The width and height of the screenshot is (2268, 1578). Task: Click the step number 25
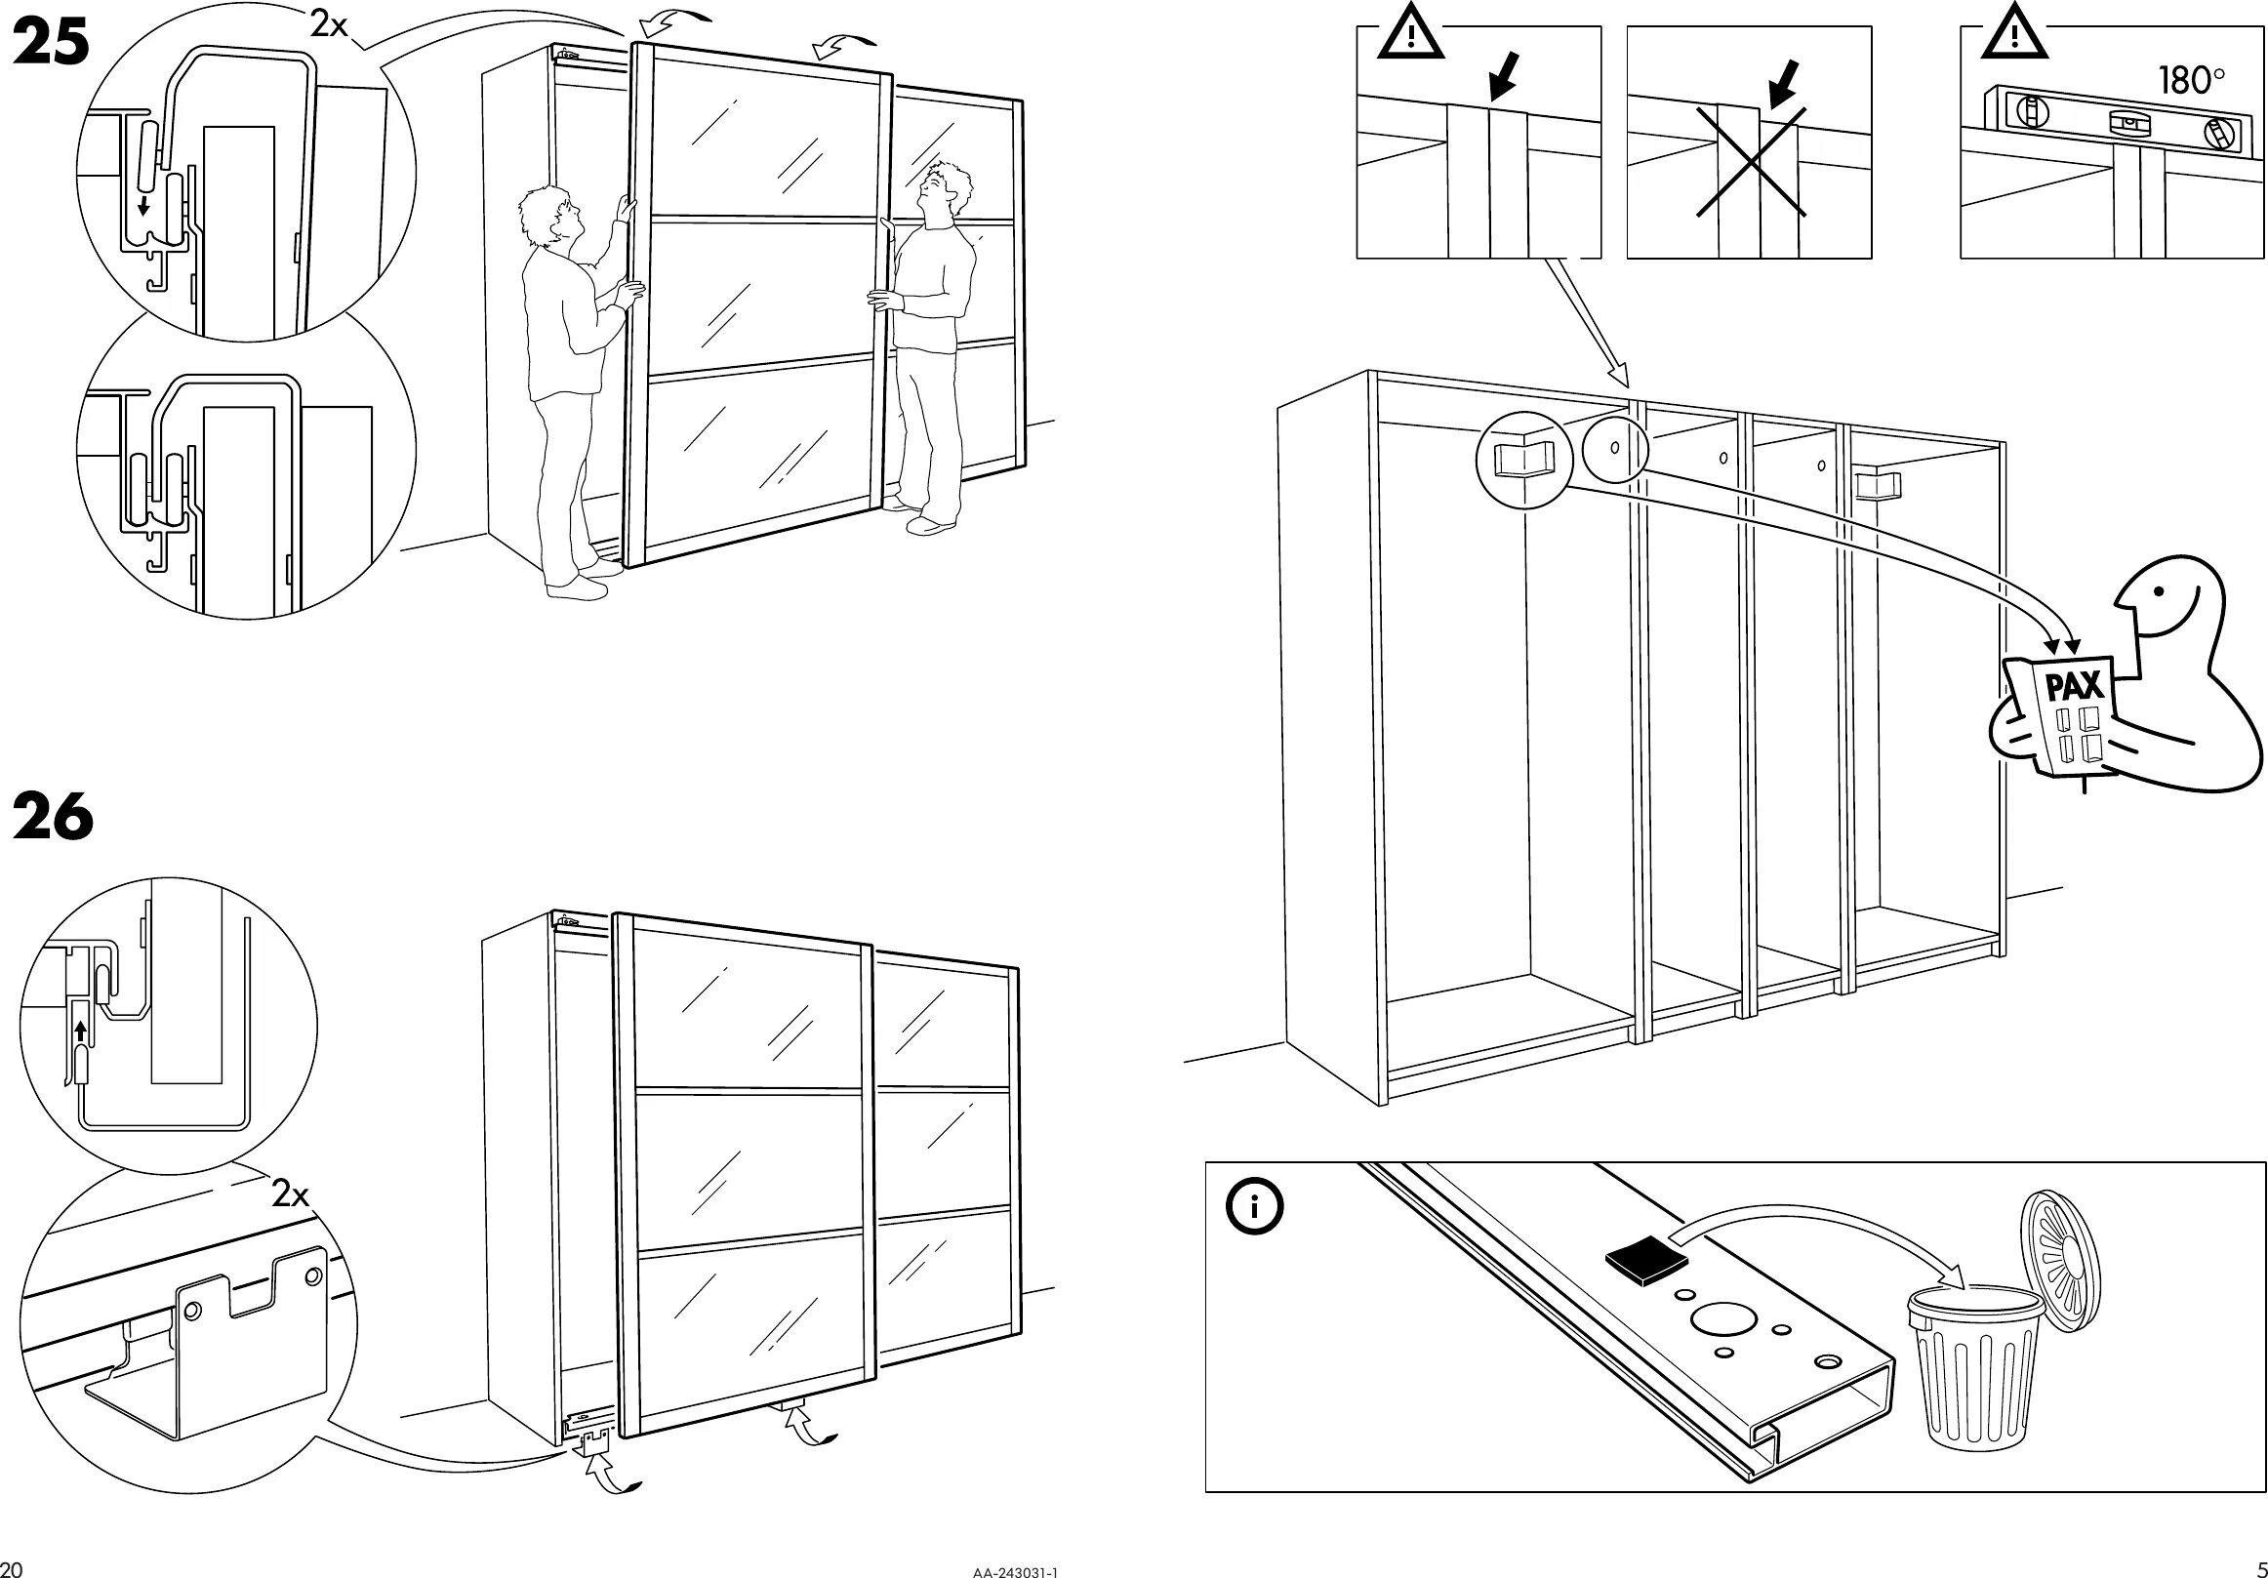coord(52,46)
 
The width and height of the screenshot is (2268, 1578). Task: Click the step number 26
coord(54,818)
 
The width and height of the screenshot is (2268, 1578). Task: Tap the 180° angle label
coord(2190,80)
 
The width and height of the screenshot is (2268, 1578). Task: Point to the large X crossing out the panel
coord(1752,162)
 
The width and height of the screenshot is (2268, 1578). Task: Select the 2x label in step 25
coord(330,25)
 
